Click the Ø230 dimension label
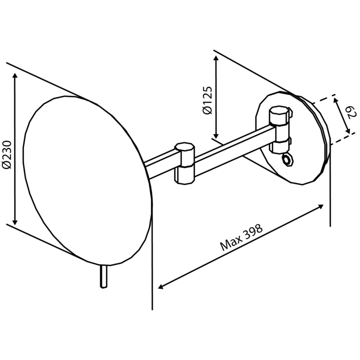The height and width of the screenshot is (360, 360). tap(7, 155)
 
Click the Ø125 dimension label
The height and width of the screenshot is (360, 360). tap(207, 100)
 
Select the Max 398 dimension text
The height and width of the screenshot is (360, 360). tap(241, 237)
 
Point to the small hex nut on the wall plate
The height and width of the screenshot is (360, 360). tap(287, 159)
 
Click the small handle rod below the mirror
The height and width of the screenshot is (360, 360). tap(104, 277)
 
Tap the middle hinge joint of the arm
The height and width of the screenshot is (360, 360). tap(185, 163)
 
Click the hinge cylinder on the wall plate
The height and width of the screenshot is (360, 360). tap(280, 129)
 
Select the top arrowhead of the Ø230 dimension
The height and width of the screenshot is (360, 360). tap(15, 76)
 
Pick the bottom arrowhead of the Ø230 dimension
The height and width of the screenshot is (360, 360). tap(15, 222)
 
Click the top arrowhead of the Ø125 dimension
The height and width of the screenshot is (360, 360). tap(216, 58)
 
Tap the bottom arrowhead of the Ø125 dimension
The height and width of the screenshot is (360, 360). tap(216, 135)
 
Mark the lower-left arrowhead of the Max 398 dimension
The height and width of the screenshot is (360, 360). tap(161, 286)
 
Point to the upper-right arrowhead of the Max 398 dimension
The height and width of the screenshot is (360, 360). tap(321, 206)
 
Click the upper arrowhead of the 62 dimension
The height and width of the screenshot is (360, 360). tap(336, 100)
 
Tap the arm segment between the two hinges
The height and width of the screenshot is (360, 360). tap(232, 151)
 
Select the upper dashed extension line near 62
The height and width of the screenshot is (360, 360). tap(324, 98)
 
